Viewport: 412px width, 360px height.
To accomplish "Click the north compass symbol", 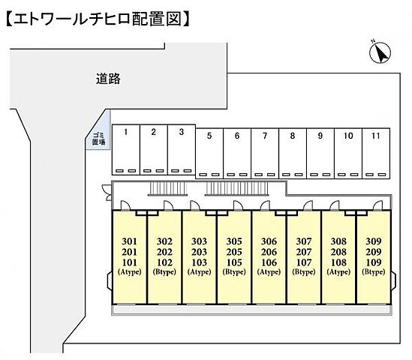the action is pos(380,52).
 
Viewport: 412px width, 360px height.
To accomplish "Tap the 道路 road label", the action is pos(108,79).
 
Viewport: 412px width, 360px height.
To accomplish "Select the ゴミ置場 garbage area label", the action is pos(98,139).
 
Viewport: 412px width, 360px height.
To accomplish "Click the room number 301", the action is pos(129,241).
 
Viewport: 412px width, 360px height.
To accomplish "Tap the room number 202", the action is pos(164,252).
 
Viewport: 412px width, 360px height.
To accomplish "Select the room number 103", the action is pos(199,262).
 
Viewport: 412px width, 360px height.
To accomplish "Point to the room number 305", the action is pos(234,241).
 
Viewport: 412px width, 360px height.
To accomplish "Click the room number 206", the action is pos(269,252).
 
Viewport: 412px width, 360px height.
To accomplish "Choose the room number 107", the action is pos(304,262).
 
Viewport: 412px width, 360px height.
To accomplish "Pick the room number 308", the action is pos(338,241).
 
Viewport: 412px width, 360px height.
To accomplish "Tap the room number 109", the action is pos(374,262).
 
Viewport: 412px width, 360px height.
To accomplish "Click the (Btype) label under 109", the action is pos(374,271).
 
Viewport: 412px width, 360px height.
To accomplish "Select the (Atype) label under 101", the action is pos(129,271).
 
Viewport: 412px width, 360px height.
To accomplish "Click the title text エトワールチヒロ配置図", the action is pos(98,19).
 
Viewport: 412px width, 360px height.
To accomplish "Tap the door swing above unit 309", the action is pos(377,205).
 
